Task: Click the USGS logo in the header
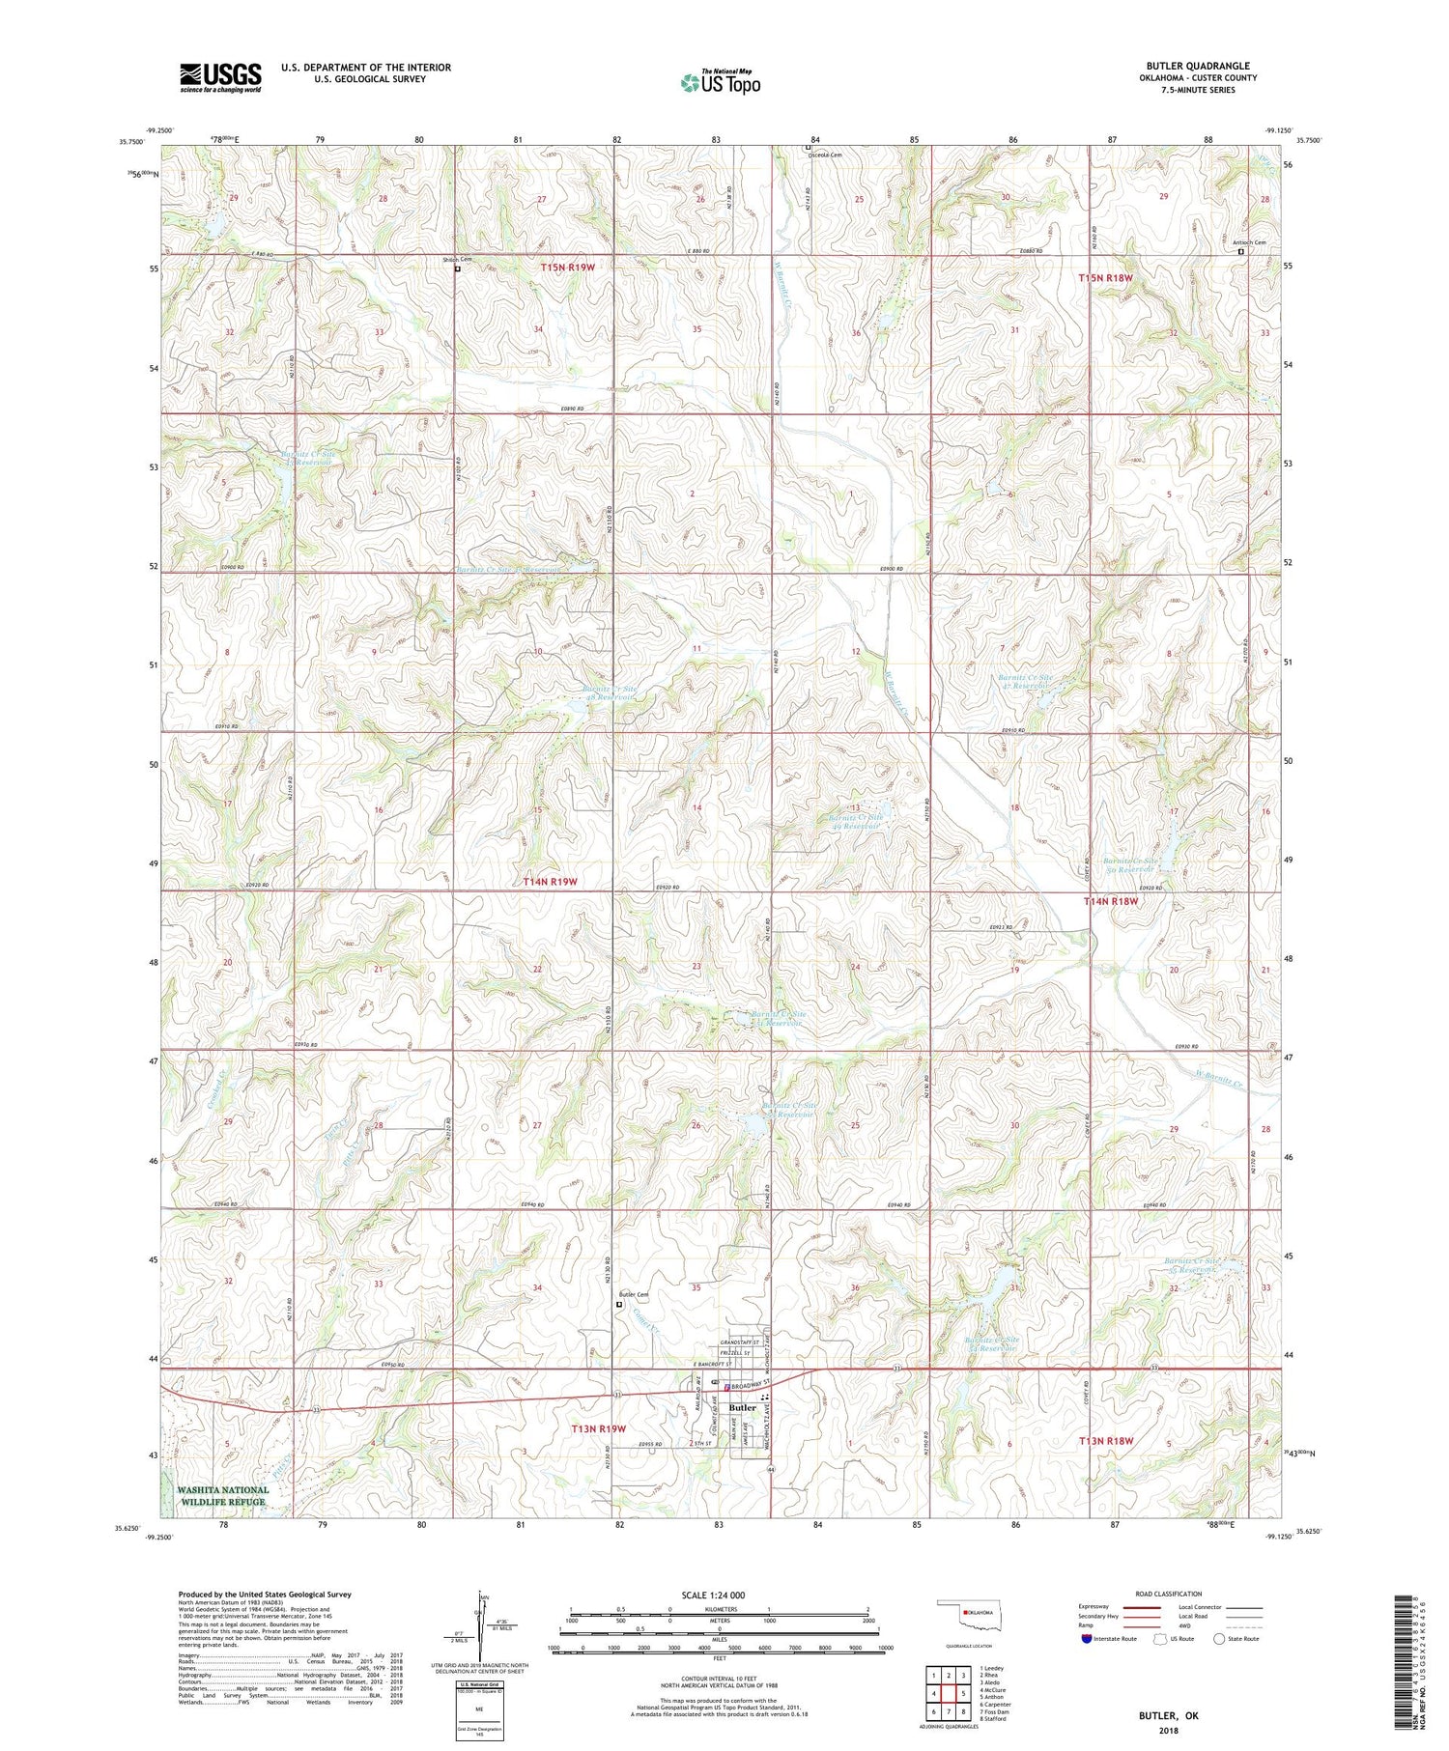(x=220, y=77)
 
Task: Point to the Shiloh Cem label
(x=458, y=260)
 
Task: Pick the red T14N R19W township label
(x=550, y=882)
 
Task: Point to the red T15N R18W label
(x=1105, y=277)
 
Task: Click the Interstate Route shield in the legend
(x=1086, y=1638)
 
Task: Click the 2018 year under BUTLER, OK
(x=1168, y=1726)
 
